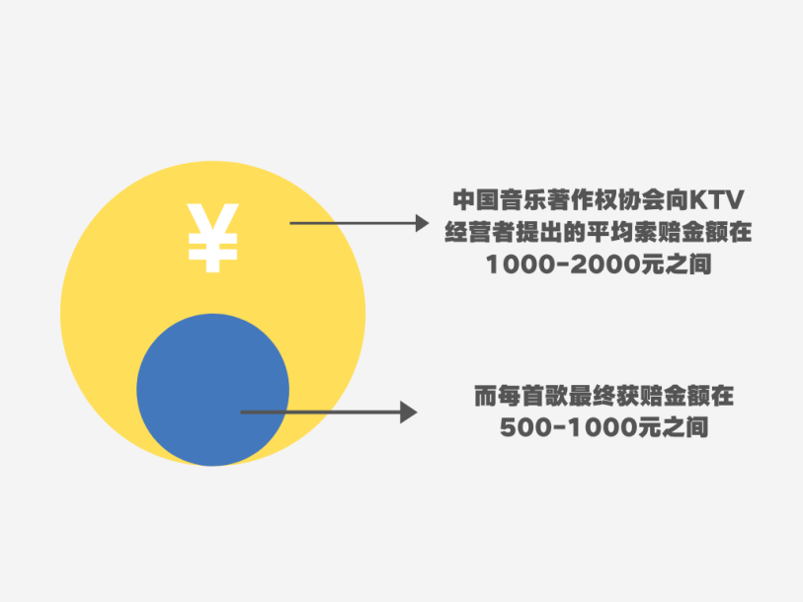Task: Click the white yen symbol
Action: [x=212, y=238]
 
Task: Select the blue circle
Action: [x=212, y=390]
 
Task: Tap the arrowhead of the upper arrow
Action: [x=423, y=223]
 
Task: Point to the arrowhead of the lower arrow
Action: [x=409, y=413]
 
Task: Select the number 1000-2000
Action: [x=563, y=264]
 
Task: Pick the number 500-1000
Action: [x=569, y=427]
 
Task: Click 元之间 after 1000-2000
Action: [x=676, y=264]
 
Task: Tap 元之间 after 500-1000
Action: [x=673, y=427]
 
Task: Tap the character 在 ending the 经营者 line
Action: [x=740, y=232]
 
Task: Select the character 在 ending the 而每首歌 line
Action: [x=722, y=396]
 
